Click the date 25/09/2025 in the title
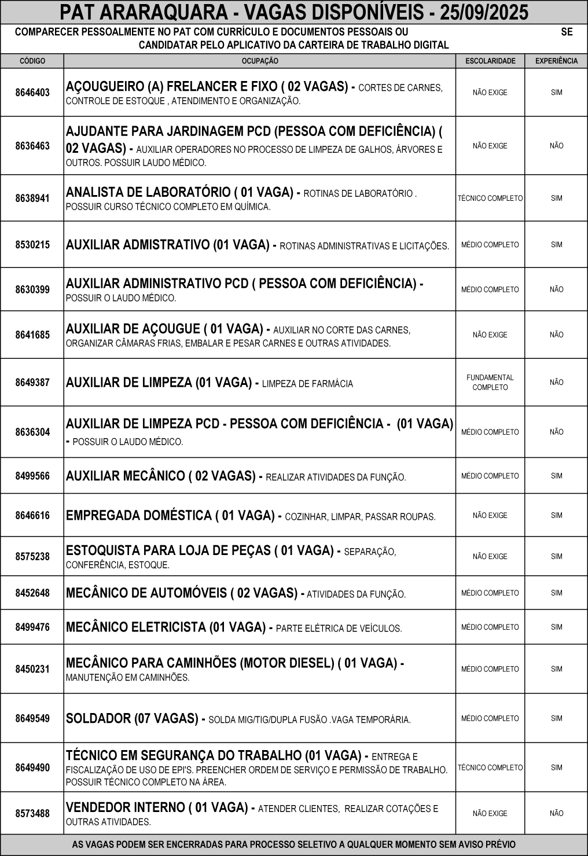tap(484, 12)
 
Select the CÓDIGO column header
tap(32, 61)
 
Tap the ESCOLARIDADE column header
tap(490, 61)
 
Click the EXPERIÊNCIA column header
tap(556, 61)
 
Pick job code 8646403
tap(32, 93)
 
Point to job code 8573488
tap(32, 813)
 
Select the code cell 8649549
tap(32, 718)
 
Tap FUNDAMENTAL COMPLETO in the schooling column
tap(490, 383)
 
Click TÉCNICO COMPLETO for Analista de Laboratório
tap(490, 199)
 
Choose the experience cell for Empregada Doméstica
tap(556, 515)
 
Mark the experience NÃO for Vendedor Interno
tap(556, 813)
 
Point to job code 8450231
tap(32, 669)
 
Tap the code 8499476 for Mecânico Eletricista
tap(32, 627)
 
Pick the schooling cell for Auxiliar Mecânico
tap(490, 476)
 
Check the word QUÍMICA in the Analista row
tap(255, 207)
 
